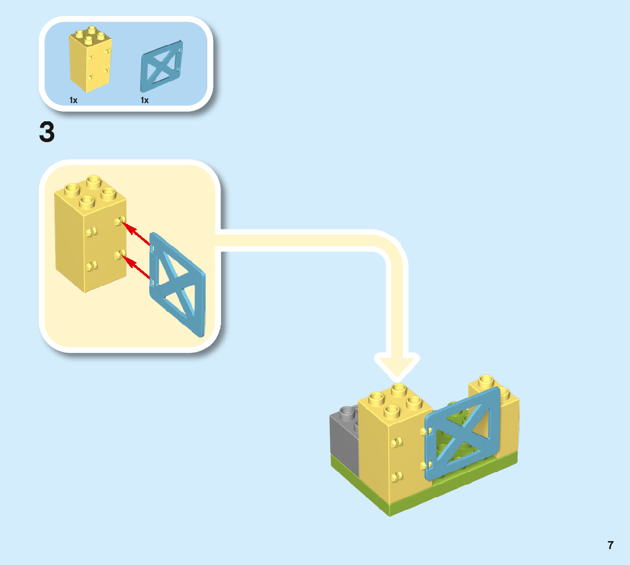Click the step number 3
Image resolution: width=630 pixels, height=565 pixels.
[x=47, y=132]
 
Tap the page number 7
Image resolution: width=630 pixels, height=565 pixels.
[x=610, y=545]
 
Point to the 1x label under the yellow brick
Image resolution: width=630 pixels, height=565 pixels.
[x=73, y=100]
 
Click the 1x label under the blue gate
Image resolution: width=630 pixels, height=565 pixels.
[x=144, y=100]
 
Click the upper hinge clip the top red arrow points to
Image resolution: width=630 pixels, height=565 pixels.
[x=120, y=221]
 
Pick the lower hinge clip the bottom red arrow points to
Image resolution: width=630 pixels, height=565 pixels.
[x=120, y=255]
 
